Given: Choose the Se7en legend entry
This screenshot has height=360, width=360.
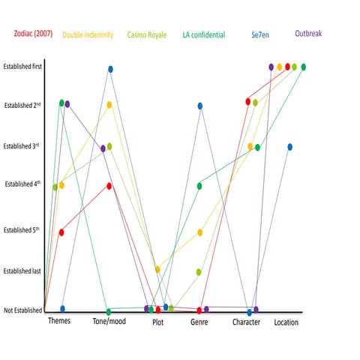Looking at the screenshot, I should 262,34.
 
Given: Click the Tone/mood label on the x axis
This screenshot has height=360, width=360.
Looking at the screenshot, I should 109,322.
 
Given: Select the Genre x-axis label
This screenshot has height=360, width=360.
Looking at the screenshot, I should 199,322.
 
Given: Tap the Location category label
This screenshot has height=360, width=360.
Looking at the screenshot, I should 286,322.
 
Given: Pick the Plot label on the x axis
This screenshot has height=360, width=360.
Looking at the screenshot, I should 157,322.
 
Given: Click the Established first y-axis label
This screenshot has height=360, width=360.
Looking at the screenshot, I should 22,67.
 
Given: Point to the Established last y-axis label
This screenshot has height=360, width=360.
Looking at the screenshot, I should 22,271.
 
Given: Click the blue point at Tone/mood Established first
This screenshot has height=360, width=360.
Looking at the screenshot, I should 110,69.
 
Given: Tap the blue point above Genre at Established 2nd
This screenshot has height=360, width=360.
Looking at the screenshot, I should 200,106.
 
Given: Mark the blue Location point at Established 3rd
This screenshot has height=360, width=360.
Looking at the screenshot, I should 289,147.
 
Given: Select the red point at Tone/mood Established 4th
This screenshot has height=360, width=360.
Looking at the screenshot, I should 109,186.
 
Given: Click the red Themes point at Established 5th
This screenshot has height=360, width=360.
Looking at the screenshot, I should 61,232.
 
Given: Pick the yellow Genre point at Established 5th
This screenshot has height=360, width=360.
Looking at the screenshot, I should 200,232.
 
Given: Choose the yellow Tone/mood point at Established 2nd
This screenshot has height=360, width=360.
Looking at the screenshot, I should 109,105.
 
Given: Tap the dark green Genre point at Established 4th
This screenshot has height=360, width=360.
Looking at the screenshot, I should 199,186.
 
